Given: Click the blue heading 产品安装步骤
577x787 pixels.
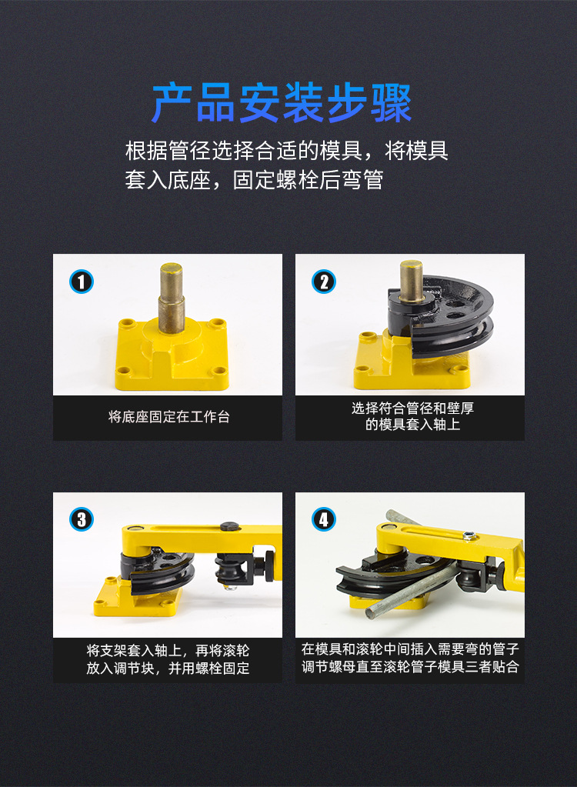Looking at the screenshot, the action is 282,103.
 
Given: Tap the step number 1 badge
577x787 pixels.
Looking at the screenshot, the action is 82,282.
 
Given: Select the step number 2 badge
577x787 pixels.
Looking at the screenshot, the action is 324,282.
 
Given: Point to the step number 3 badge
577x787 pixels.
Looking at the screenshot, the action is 82,519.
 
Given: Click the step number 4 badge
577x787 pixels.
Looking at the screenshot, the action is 324,519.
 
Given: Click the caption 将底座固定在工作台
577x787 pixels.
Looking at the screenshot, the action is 168,417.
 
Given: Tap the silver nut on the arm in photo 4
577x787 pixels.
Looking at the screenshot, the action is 469,536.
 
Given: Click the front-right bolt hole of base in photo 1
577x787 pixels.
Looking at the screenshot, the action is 219,372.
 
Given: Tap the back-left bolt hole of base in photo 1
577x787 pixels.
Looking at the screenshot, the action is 126,322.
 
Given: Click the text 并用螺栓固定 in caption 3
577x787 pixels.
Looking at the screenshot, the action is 208,668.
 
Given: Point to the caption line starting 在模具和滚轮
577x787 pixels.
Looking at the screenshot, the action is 410,649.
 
